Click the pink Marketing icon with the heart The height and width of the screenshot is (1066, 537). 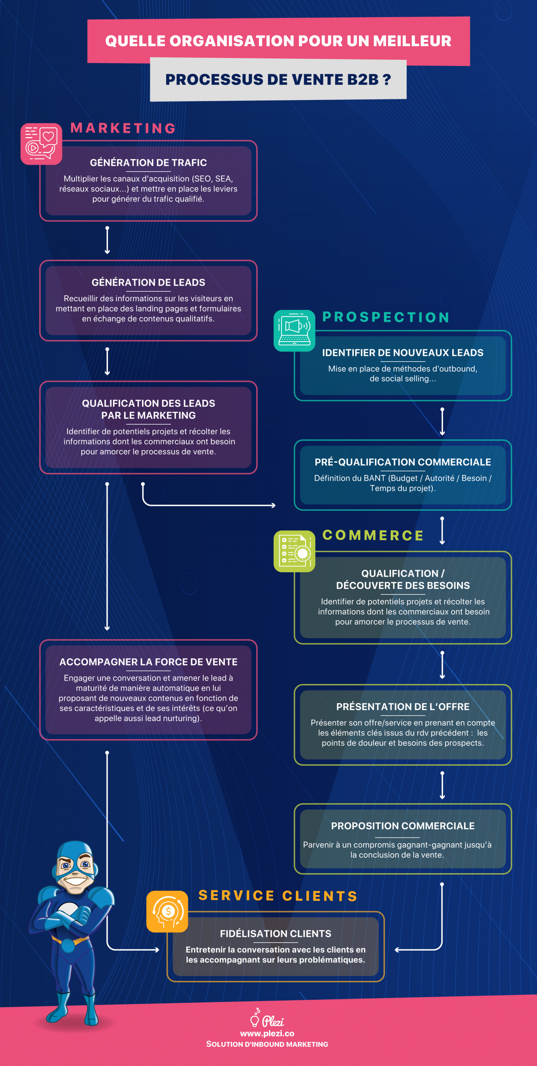coord(41,144)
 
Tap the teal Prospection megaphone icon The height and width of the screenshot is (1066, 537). coord(294,330)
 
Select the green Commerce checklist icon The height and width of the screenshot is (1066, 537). coord(294,551)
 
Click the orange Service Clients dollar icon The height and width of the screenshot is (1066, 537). coord(167,911)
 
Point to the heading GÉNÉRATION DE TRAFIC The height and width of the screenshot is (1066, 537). coord(148,163)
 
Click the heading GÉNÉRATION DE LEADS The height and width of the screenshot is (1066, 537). coord(148,282)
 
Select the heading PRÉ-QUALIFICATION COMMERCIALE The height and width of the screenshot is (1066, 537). coord(402,462)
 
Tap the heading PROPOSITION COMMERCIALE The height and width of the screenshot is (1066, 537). coord(402,825)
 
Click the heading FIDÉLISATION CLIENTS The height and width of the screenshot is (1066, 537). coord(275,934)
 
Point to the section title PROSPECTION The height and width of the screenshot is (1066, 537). coord(386,317)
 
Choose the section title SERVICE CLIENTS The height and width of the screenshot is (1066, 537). coord(278,896)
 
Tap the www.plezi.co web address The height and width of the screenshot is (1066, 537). coord(267,1033)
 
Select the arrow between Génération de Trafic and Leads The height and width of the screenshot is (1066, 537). coord(107,240)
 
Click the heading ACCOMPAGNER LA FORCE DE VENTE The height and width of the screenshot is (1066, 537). coord(148,662)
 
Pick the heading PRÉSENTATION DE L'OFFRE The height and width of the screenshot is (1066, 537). coord(402,706)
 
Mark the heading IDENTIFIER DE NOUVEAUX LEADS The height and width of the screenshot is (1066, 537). coord(402,353)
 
